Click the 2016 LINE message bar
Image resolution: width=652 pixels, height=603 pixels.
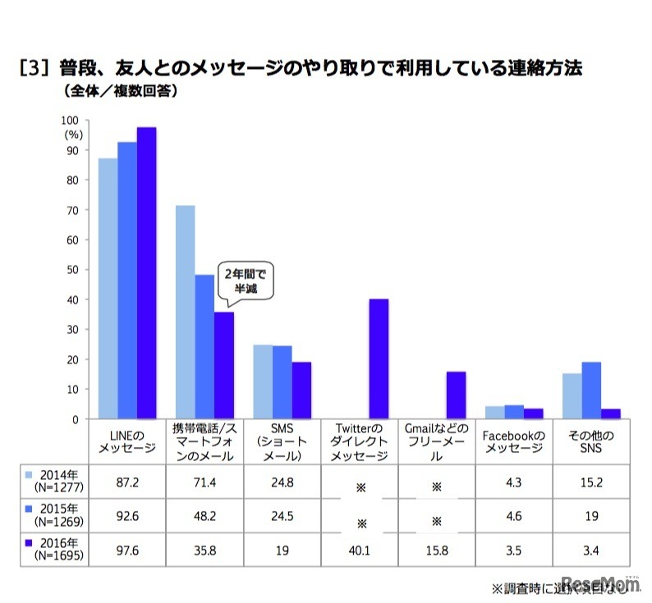[x=146, y=273]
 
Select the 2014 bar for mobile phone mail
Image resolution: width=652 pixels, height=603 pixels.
[x=185, y=312]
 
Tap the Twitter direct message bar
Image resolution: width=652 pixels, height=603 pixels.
[x=379, y=359]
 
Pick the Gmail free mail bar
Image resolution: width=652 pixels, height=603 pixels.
[x=455, y=395]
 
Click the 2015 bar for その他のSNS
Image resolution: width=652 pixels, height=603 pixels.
[x=591, y=391]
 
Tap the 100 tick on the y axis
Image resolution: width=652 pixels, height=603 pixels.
[x=72, y=121]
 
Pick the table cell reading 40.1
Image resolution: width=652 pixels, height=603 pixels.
[x=359, y=549]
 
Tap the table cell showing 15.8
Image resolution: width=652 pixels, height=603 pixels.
[x=436, y=549]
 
